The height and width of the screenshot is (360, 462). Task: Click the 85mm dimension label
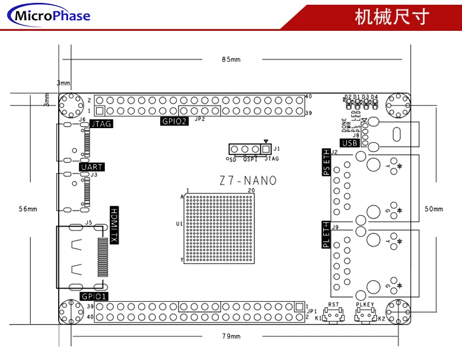(231, 59)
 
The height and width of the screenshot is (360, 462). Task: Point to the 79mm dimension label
(231, 336)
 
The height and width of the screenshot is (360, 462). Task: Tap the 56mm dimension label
(28, 209)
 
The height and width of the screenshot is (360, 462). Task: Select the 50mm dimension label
(434, 209)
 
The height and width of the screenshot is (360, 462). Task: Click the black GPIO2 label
(174, 121)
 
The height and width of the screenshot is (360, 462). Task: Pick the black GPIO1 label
(93, 296)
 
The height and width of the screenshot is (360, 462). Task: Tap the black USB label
(349, 142)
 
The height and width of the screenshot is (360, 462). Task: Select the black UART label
(93, 167)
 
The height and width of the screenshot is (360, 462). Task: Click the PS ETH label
(326, 161)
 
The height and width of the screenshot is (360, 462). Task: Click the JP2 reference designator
(199, 119)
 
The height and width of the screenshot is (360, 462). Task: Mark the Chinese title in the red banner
(391, 16)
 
